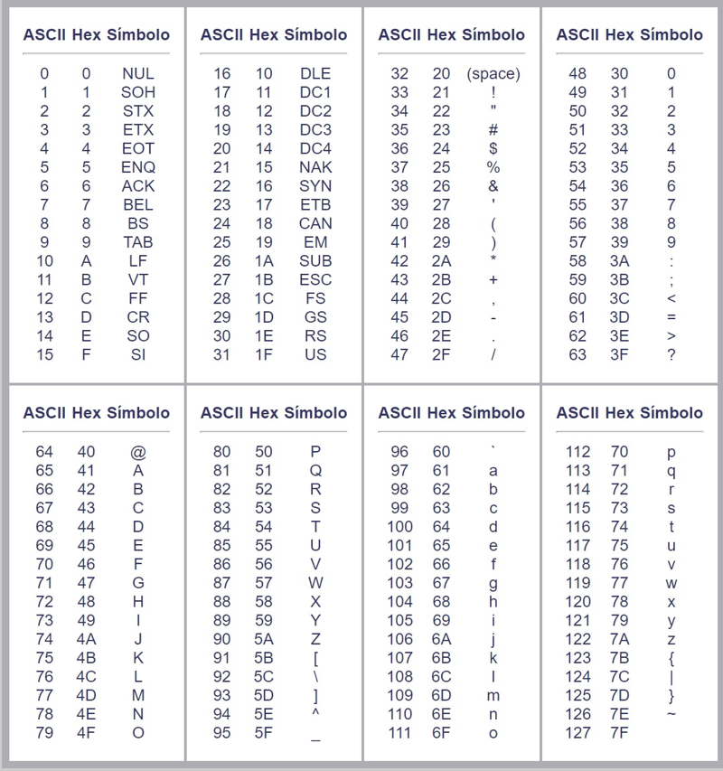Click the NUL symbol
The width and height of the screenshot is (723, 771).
click(137, 73)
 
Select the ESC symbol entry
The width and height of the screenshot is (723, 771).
click(315, 279)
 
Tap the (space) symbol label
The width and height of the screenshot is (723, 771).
click(493, 73)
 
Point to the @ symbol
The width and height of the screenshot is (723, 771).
click(137, 451)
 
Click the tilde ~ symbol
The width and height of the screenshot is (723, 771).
click(671, 714)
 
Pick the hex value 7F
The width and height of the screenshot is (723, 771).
click(619, 733)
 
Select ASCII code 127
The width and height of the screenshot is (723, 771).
click(577, 733)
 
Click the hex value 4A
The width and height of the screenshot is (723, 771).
click(86, 639)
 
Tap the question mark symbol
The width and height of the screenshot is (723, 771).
click(671, 354)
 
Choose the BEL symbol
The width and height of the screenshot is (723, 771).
click(137, 204)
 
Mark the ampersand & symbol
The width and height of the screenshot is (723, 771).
click(493, 185)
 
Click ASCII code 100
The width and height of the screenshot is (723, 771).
click(399, 526)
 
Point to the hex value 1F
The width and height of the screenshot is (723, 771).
click(264, 354)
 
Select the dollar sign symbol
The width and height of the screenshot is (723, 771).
click(493, 148)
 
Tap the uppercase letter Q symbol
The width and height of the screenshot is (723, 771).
click(315, 470)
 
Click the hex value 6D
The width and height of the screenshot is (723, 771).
click(441, 695)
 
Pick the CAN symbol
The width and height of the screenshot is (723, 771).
click(315, 223)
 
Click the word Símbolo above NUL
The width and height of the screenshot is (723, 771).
click(138, 34)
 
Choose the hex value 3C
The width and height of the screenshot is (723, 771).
click(619, 298)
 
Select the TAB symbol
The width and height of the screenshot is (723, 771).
click(137, 242)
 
